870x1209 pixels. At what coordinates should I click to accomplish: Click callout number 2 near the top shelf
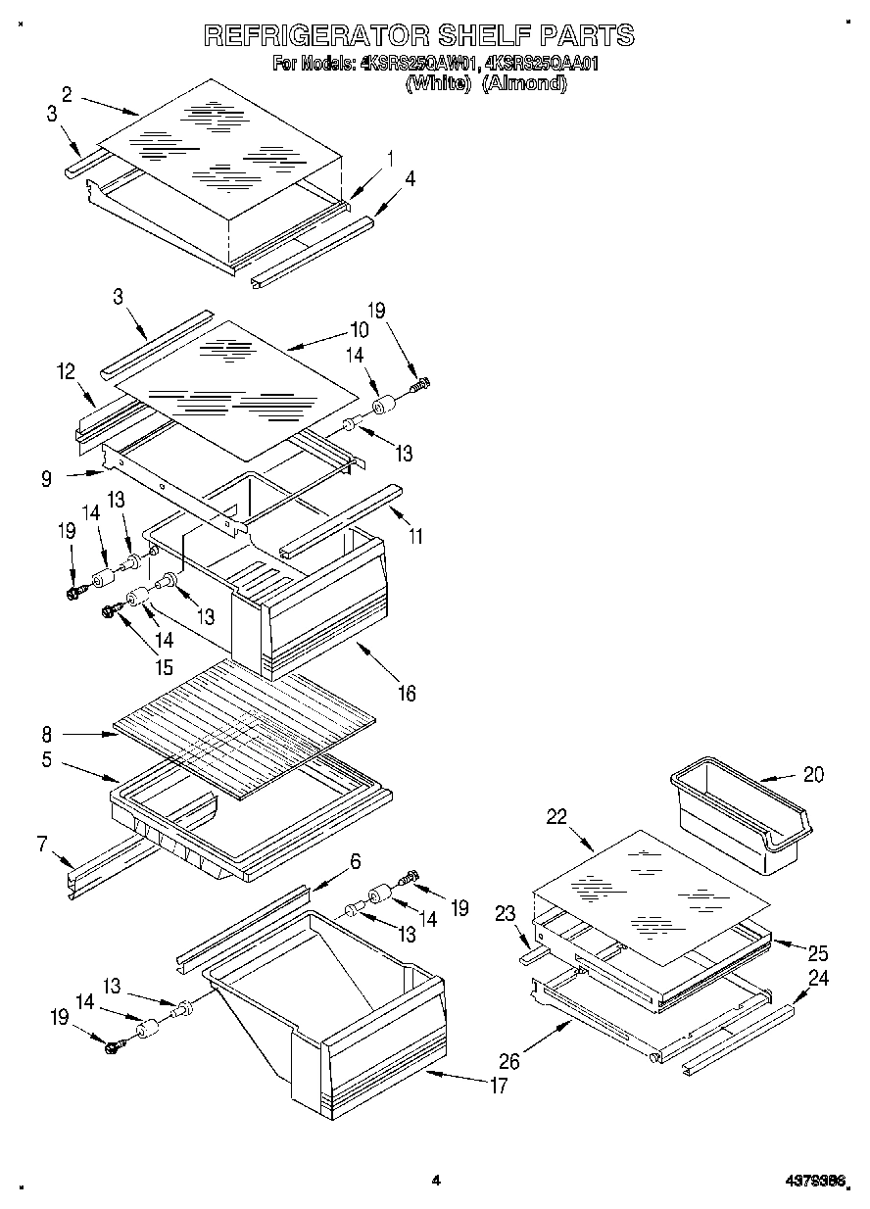pyautogui.click(x=67, y=94)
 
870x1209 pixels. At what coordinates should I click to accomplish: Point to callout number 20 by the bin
pyautogui.click(x=813, y=774)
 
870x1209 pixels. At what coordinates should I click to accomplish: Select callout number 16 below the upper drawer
pyautogui.click(x=406, y=694)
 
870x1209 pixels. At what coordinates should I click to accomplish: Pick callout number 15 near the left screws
pyautogui.click(x=163, y=668)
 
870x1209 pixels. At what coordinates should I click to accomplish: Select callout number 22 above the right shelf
pyautogui.click(x=557, y=816)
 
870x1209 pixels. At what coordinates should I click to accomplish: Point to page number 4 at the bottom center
pyautogui.click(x=436, y=1182)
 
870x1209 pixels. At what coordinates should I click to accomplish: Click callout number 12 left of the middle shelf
pyautogui.click(x=66, y=371)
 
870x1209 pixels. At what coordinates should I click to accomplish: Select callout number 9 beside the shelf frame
pyautogui.click(x=47, y=480)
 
